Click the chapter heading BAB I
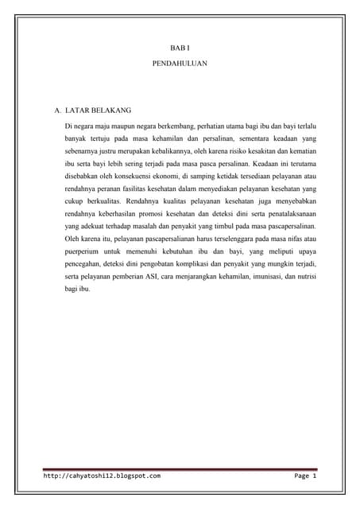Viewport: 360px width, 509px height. tap(179, 49)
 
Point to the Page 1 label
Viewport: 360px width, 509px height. tap(305, 476)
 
